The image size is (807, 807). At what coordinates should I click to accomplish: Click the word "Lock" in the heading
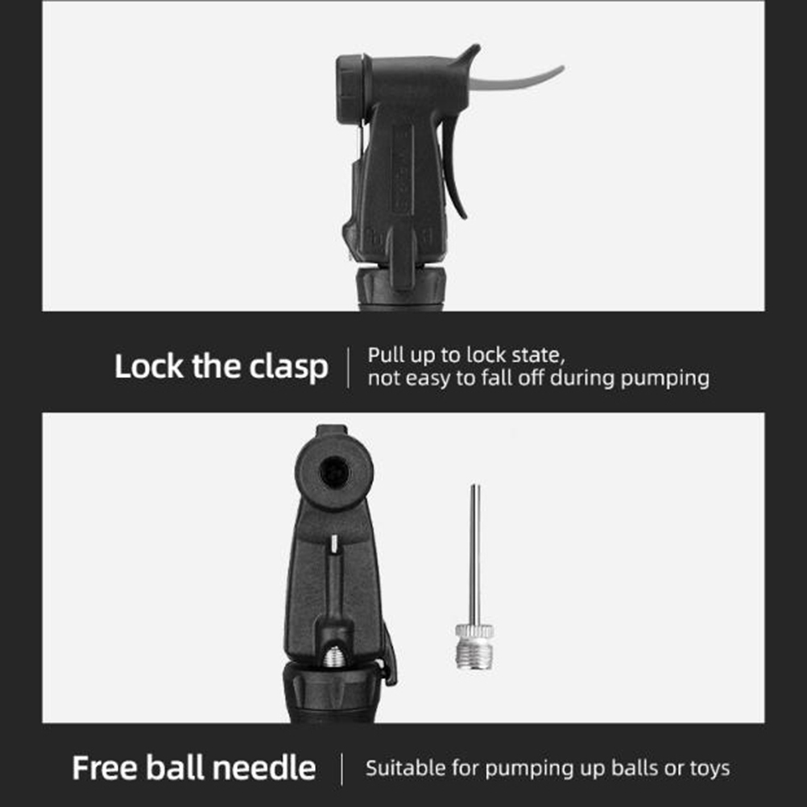tap(149, 366)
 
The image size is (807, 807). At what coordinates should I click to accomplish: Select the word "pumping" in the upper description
tap(664, 379)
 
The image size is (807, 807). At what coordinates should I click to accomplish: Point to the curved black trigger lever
tap(453, 170)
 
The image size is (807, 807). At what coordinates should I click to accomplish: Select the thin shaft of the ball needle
tap(475, 554)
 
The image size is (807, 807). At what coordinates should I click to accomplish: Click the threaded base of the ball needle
tap(474, 652)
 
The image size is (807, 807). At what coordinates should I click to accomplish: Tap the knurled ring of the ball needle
tap(474, 631)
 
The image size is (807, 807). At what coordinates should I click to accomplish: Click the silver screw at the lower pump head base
tap(334, 656)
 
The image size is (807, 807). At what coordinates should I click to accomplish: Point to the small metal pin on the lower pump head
tap(334, 544)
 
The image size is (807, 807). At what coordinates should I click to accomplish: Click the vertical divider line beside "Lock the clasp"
tap(349, 367)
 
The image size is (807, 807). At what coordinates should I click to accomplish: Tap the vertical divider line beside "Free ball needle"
tap(341, 769)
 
